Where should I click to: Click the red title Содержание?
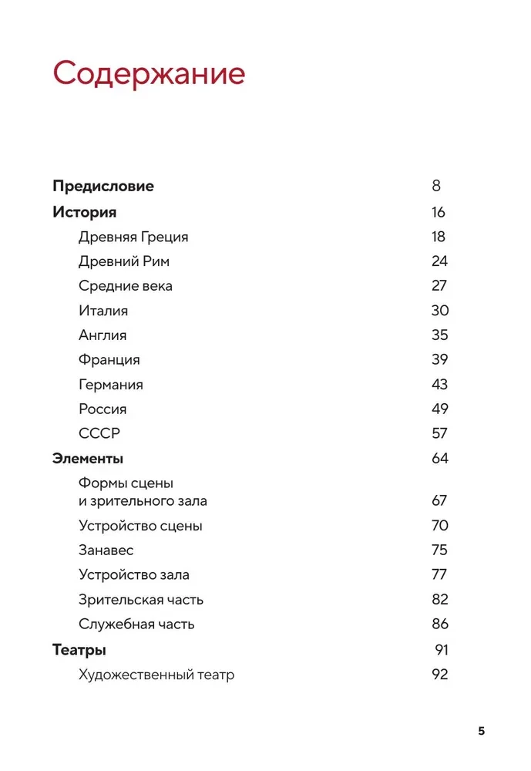149,73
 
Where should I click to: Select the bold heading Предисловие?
103,186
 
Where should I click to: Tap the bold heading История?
84,212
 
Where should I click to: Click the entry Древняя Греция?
133,237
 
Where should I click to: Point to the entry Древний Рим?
124,261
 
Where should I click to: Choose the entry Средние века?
126,286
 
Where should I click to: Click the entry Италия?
103,311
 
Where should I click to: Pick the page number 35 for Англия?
439,335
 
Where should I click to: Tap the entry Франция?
109,360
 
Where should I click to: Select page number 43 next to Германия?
439,385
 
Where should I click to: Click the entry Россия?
103,409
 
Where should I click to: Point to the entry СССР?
99,434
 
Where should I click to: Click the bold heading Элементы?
88,459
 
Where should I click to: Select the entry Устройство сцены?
140,526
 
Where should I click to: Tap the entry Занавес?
106,550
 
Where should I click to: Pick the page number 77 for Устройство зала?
439,575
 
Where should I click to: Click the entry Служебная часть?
136,625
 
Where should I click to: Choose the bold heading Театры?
79,650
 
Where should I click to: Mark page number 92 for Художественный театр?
439,675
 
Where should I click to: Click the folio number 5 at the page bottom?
482,731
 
